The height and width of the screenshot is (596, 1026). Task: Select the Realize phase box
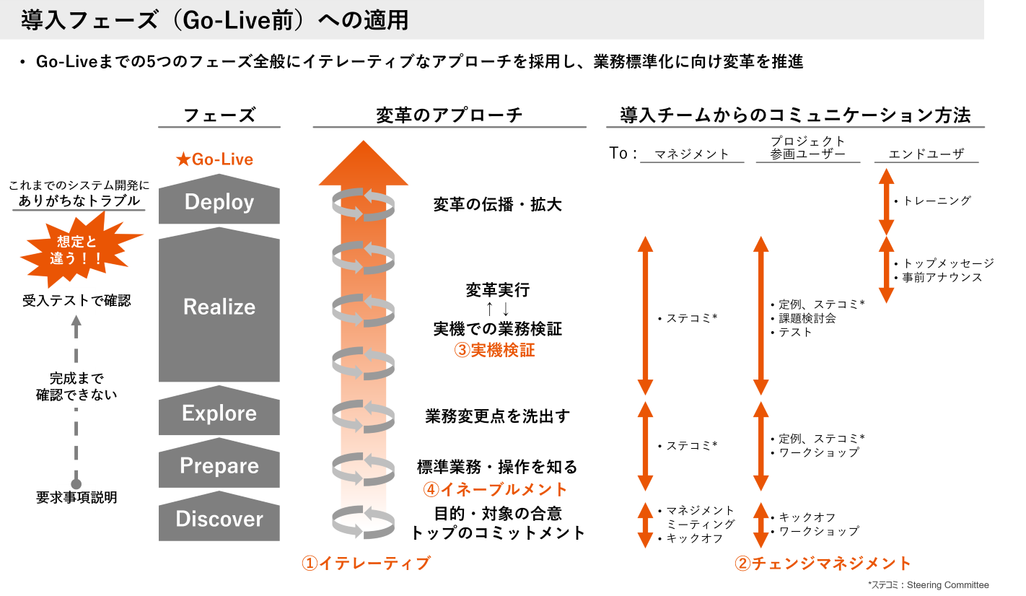pyautogui.click(x=219, y=307)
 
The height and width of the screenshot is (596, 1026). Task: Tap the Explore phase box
pyautogui.click(x=219, y=413)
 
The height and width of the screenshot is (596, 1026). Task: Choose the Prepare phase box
pyautogui.click(x=219, y=465)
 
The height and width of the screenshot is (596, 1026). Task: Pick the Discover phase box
pyautogui.click(x=219, y=519)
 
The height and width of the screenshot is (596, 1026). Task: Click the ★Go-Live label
pyautogui.click(x=215, y=159)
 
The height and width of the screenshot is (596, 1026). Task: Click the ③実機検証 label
pyautogui.click(x=494, y=351)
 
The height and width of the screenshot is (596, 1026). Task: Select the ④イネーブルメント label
pyautogui.click(x=495, y=489)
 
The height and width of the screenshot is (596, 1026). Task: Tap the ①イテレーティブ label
pyautogui.click(x=366, y=564)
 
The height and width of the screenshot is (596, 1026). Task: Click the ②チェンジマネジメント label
pyautogui.click(x=823, y=564)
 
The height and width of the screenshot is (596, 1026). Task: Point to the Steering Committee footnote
pyautogui.click(x=929, y=585)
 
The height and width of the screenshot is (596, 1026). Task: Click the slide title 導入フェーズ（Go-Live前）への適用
pyautogui.click(x=215, y=20)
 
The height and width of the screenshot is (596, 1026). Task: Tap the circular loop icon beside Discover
pyautogui.click(x=363, y=522)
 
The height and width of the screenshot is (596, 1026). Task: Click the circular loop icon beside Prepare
pyautogui.click(x=363, y=468)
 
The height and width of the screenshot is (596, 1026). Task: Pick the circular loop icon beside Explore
pyautogui.click(x=363, y=416)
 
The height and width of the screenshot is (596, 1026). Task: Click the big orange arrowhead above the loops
pyautogui.click(x=364, y=165)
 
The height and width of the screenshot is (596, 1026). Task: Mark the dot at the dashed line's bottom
pyautogui.click(x=76, y=485)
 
